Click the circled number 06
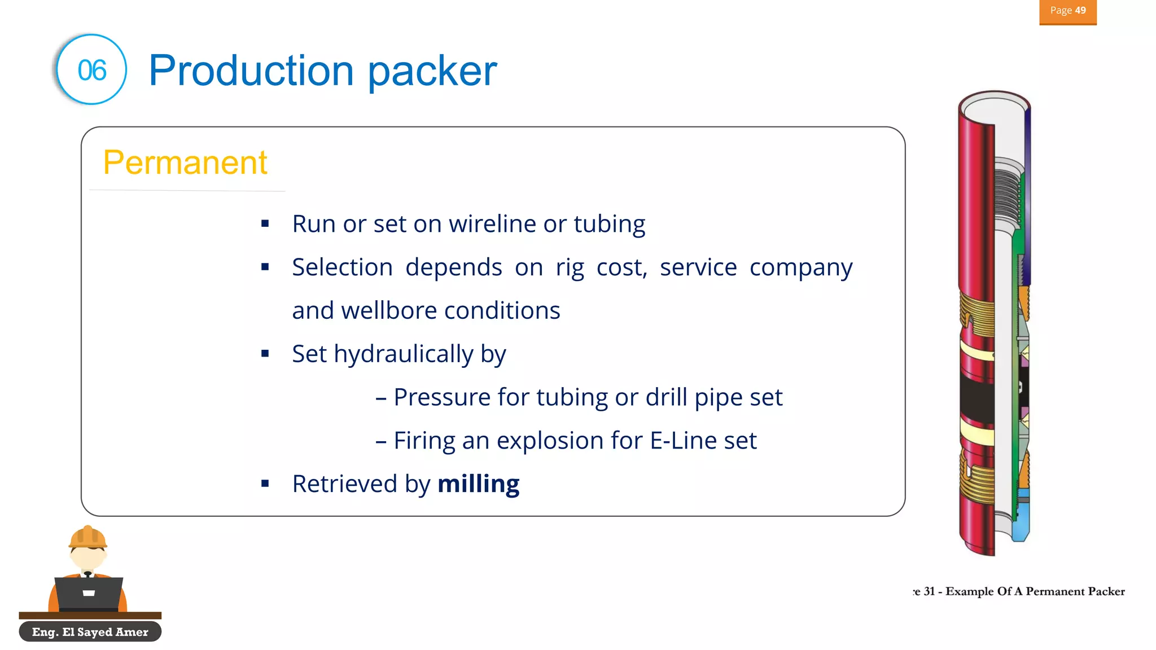[91, 70]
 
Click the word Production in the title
[251, 71]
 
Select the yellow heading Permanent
[185, 162]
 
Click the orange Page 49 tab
[1067, 11]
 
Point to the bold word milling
[478, 484]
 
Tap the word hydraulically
[404, 354]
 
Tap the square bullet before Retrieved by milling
[265, 484]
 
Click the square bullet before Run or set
[265, 224]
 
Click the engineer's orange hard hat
[87, 537]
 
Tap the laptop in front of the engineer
[89, 593]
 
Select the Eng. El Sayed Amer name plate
[90, 632]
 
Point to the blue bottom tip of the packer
[1021, 530]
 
